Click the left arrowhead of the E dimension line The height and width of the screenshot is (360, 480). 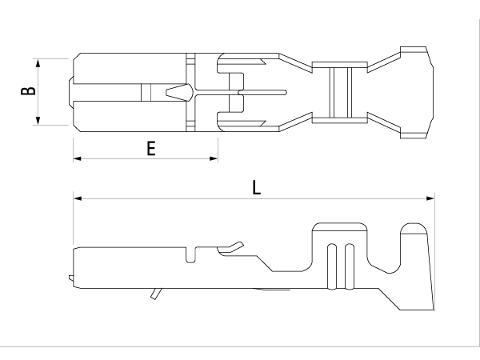point(78,158)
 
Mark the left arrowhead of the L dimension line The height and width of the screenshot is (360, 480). point(78,198)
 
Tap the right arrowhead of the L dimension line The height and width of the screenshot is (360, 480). point(430,198)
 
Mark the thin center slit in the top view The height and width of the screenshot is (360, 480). point(264,91)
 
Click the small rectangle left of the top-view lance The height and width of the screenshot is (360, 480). point(146,91)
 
